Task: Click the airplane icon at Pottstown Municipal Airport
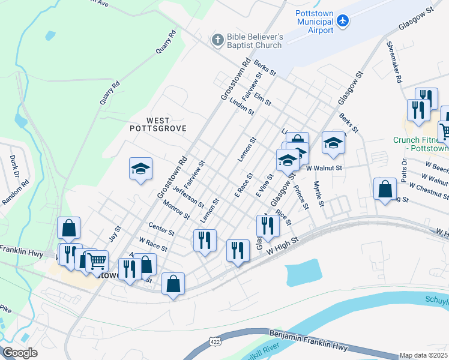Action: pyautogui.click(x=343, y=21)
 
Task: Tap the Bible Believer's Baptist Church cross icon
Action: pyautogui.click(x=217, y=41)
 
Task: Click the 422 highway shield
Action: pyautogui.click(x=214, y=341)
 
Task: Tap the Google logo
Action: pyautogui.click(x=20, y=352)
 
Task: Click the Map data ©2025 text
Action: pyautogui.click(x=424, y=355)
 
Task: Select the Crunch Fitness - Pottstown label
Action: pyautogui.click(x=421, y=144)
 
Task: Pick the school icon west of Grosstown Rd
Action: pyautogui.click(x=140, y=169)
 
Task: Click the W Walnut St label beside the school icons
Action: pyautogui.click(x=324, y=169)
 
